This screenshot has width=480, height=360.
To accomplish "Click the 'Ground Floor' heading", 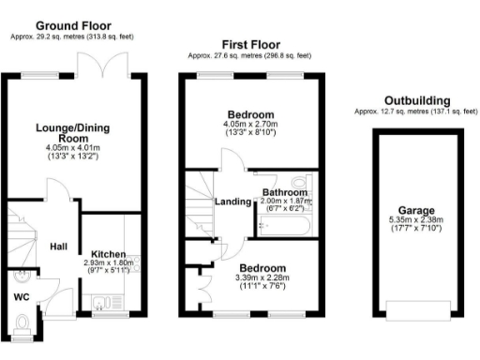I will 73,25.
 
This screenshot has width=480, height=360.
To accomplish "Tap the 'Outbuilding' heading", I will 416,100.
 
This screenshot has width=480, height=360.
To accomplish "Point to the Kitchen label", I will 109,253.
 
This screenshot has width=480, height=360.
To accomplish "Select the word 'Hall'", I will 59,246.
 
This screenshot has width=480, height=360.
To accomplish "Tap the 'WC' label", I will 22,297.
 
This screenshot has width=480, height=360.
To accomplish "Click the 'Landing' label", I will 232,202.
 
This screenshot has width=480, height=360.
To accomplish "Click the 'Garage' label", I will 416,212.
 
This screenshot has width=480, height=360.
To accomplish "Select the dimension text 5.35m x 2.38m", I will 416,222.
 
